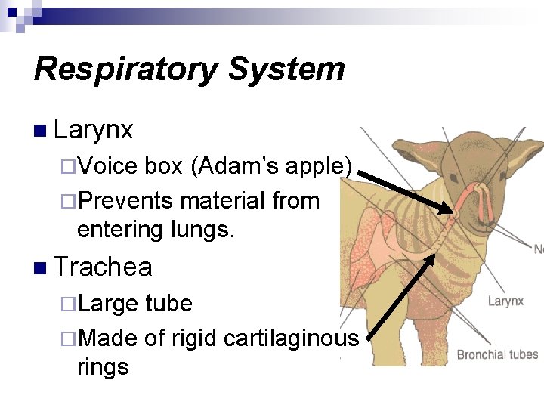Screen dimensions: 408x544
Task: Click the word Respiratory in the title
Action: (x=125, y=70)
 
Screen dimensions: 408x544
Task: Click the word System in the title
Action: (x=286, y=70)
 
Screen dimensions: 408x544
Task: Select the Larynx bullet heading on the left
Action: (x=94, y=130)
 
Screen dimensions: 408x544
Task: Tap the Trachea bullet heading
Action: (x=104, y=267)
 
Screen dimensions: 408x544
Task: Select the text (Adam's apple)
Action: (x=271, y=165)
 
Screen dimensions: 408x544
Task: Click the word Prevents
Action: (x=125, y=201)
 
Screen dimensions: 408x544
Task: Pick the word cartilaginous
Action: (x=291, y=338)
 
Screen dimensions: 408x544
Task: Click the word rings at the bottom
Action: (x=103, y=367)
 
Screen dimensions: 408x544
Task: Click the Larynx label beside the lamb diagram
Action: (x=505, y=301)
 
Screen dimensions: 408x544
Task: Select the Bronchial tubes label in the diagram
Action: (x=497, y=354)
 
